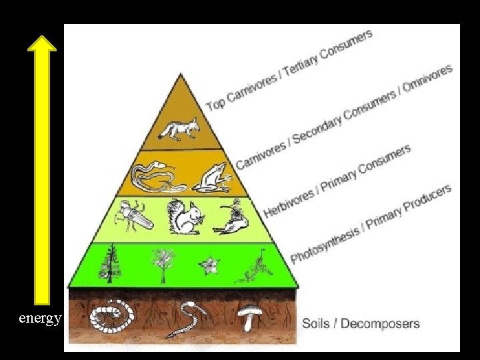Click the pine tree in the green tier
click(x=110, y=265)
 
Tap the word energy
click(x=40, y=318)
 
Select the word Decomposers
click(x=380, y=324)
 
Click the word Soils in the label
click(x=317, y=324)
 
